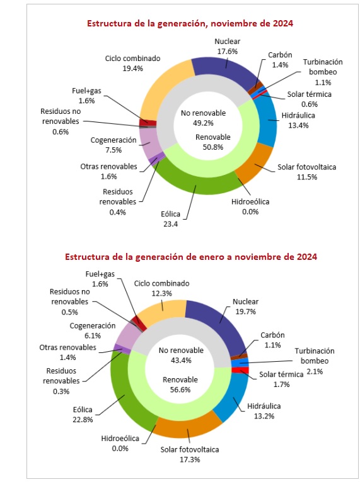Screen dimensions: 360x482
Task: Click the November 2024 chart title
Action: click(x=190, y=23)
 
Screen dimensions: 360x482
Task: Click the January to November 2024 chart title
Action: click(x=191, y=257)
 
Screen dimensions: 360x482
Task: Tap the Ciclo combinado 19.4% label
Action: click(x=133, y=64)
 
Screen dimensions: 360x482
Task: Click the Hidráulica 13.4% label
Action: click(x=298, y=121)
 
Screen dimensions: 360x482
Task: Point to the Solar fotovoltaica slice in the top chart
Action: click(x=256, y=164)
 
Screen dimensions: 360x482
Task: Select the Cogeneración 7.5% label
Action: click(x=113, y=145)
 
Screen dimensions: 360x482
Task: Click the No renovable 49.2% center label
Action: click(x=203, y=118)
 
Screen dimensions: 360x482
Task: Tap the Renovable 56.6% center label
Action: click(x=180, y=384)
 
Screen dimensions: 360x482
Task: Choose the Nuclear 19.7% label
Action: click(x=246, y=306)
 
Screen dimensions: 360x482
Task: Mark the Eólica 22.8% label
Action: click(x=83, y=415)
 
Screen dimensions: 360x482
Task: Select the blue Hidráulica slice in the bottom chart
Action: click(x=233, y=396)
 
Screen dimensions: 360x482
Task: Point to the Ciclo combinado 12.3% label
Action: click(x=161, y=288)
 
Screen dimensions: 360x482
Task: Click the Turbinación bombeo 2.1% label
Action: click(x=315, y=361)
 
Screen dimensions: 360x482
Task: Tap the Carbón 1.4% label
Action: click(x=280, y=60)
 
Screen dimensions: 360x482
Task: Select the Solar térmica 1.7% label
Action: click(x=281, y=379)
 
